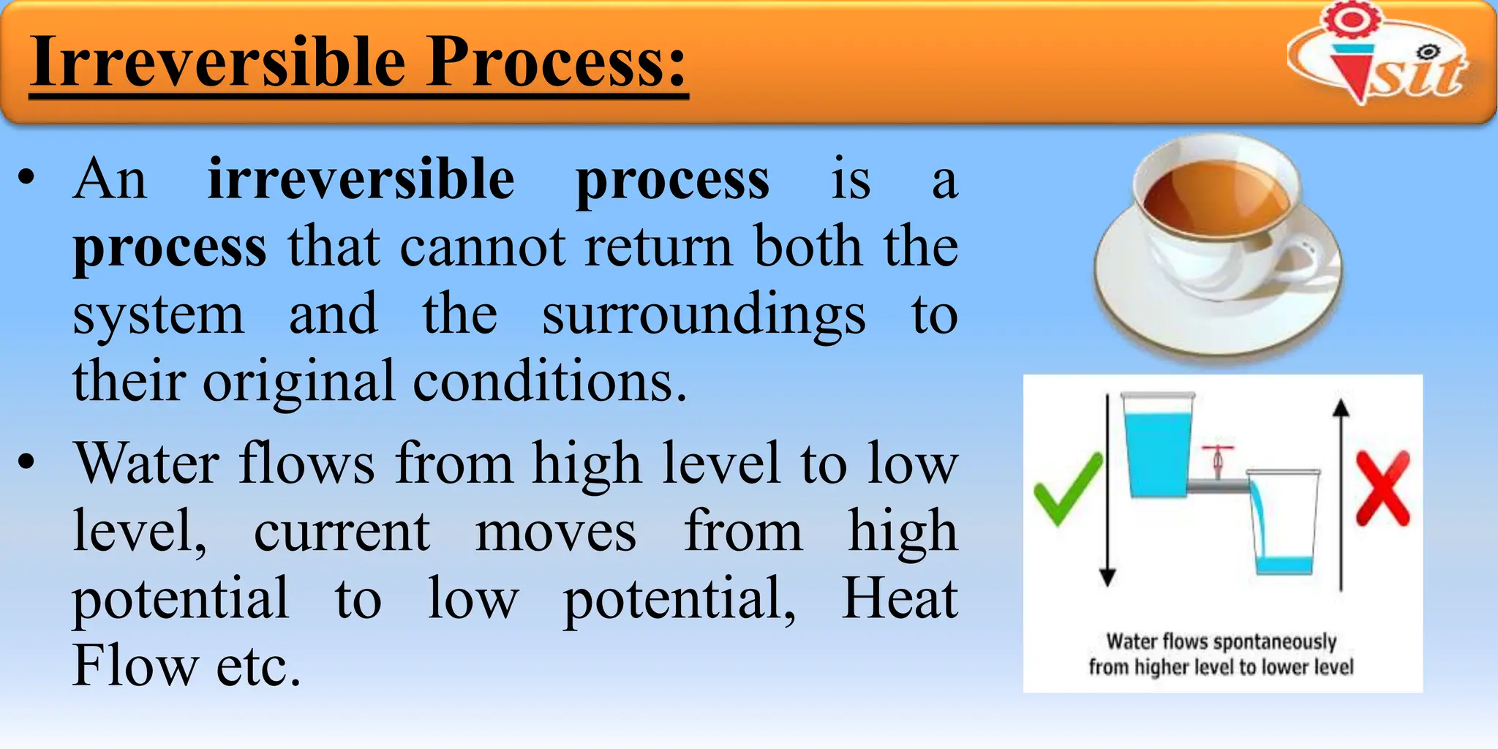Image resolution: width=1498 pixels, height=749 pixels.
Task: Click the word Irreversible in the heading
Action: click(218, 61)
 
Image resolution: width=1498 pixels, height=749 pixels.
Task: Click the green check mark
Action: click(1067, 487)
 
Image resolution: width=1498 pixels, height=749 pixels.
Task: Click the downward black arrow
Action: click(1107, 490)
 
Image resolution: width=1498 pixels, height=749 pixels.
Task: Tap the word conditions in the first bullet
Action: click(549, 382)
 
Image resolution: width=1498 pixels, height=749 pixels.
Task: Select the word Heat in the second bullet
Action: click(899, 598)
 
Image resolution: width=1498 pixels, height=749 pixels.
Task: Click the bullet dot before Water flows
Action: click(27, 462)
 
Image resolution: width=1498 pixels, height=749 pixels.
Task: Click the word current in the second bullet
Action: click(342, 531)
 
